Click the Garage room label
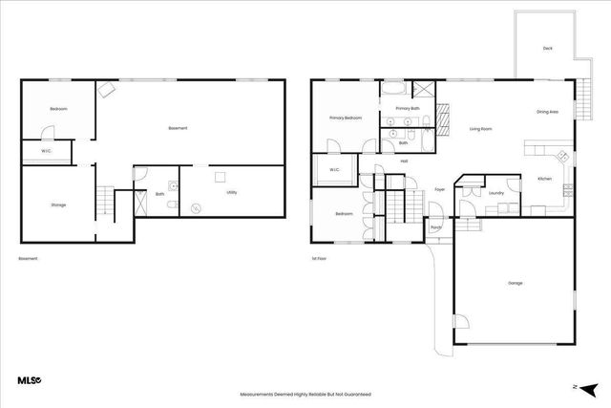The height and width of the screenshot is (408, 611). click(516, 283)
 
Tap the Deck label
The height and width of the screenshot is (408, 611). click(548, 48)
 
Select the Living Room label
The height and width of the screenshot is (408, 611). click(480, 128)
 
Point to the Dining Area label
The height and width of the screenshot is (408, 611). click(547, 112)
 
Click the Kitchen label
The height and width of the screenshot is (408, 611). click(544, 179)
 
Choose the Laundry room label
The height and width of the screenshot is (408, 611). click(495, 193)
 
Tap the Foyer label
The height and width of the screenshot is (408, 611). click(440, 189)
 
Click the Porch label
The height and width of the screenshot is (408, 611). click(435, 227)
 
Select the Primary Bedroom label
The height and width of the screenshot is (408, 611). click(346, 118)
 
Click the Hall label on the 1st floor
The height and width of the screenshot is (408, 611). click(404, 161)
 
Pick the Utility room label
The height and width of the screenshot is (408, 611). click(232, 193)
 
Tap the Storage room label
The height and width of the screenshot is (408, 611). click(58, 204)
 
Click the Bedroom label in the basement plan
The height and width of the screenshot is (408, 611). click(58, 110)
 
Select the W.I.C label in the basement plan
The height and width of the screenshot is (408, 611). click(46, 151)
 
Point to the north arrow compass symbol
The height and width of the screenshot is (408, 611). click(589, 387)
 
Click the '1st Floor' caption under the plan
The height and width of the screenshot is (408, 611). click(320, 259)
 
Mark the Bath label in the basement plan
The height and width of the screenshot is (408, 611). click(159, 194)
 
